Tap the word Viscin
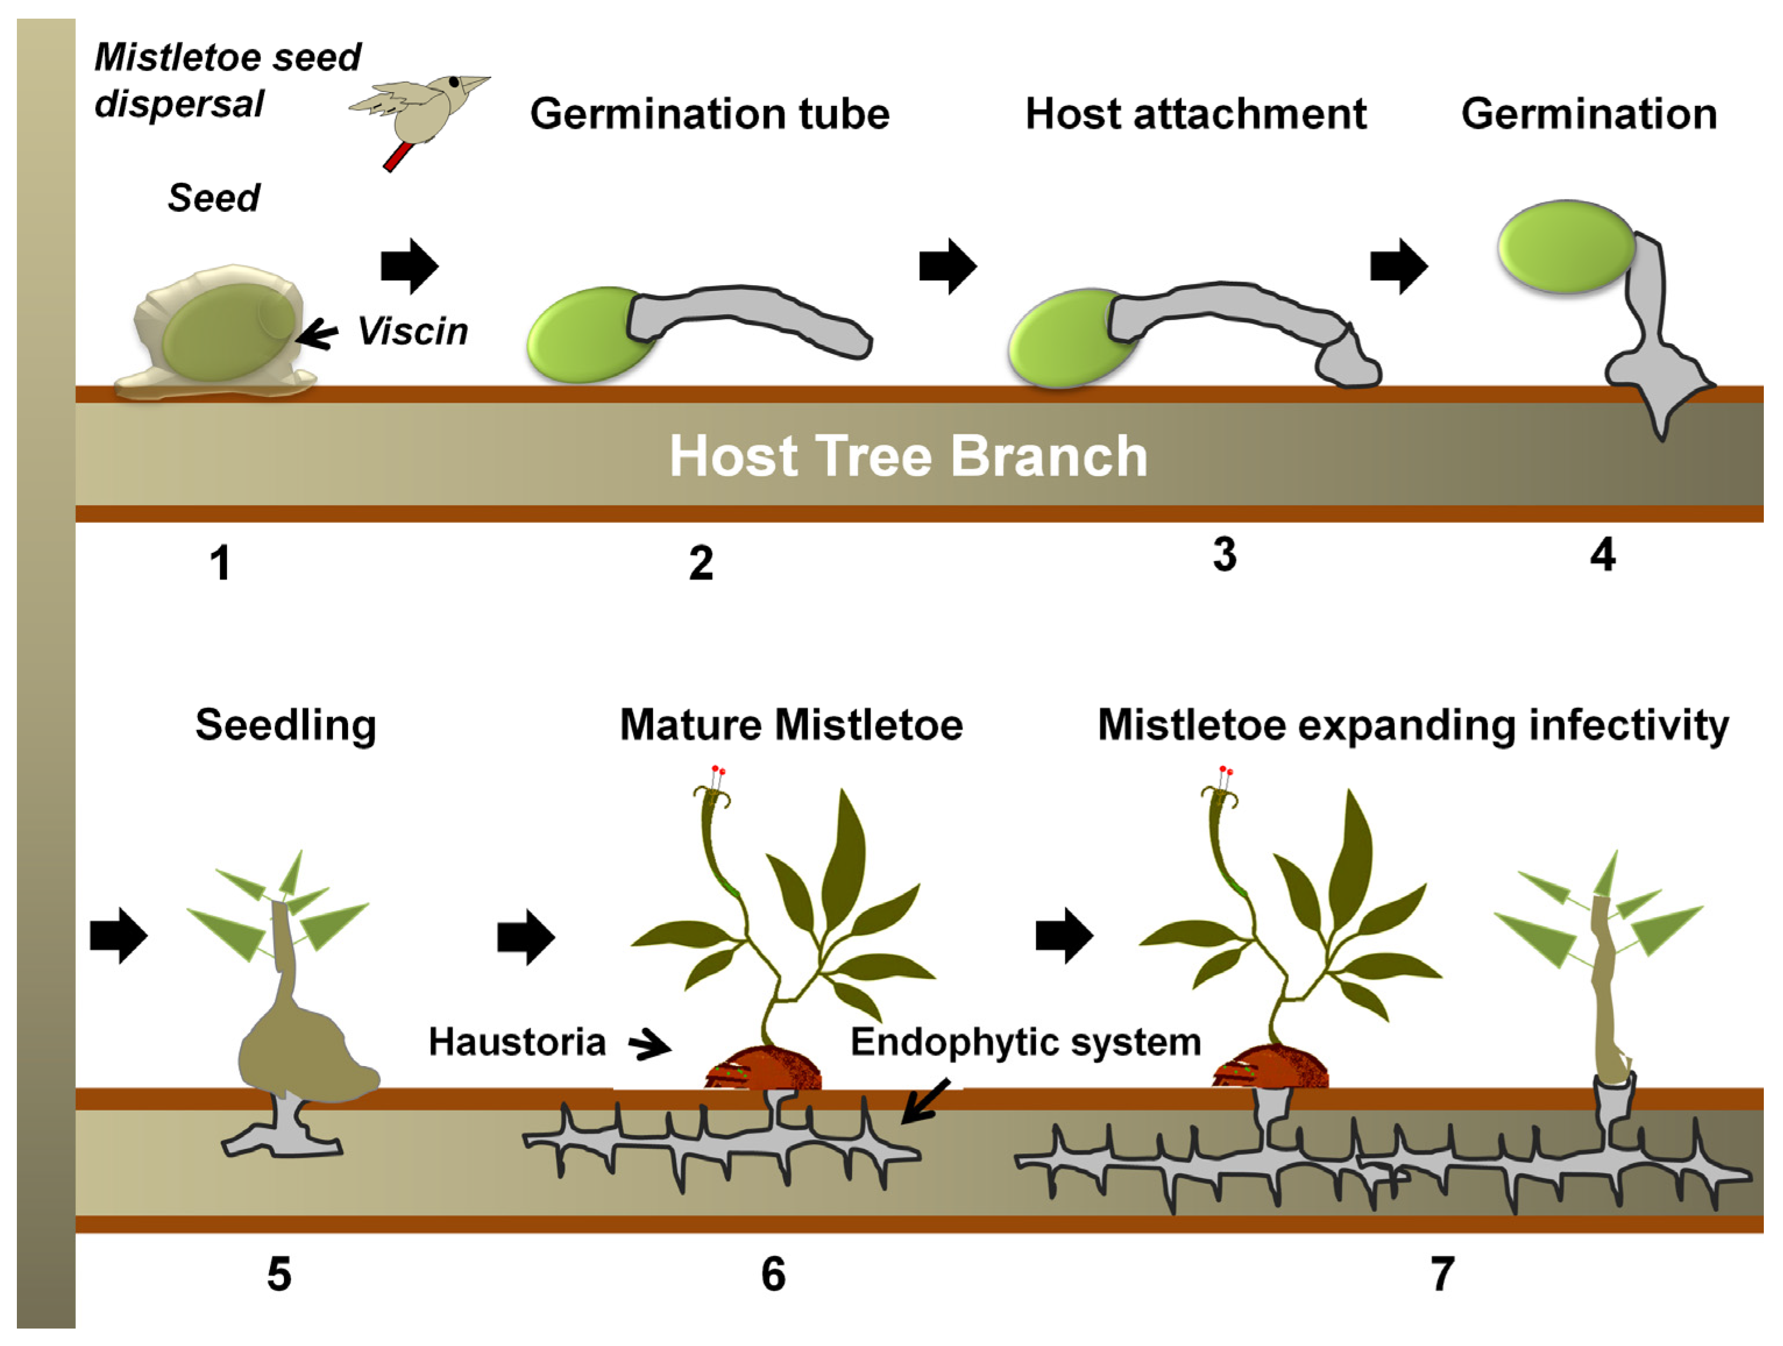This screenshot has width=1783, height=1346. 413,331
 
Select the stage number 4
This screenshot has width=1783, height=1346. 1603,555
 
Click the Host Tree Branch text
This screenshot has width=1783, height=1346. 908,456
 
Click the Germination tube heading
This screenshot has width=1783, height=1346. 709,113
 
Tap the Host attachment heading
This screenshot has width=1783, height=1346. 1195,113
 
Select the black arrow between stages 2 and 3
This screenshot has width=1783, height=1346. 948,266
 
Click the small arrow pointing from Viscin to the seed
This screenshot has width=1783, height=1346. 318,333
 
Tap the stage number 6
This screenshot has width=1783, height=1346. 773,1274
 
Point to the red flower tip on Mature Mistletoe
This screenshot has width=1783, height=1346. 718,770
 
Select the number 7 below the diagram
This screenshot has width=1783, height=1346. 1442,1274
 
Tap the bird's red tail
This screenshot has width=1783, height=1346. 397,157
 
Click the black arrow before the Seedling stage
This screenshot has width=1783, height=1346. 119,936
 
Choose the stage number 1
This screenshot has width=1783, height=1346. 220,563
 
